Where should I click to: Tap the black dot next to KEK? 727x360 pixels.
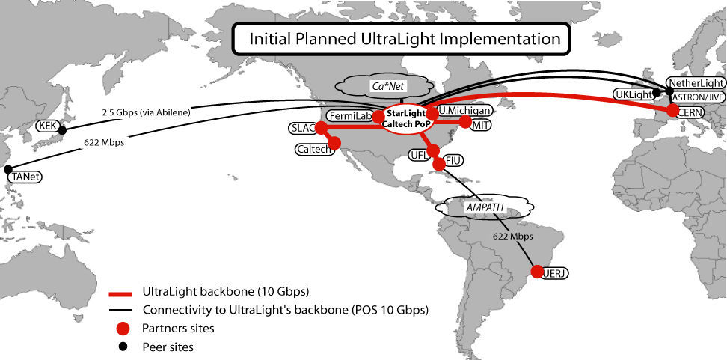coord(62,130)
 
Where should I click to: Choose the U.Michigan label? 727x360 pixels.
coord(465,111)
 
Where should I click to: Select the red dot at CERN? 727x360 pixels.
coord(672,110)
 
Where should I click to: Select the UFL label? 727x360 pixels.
coord(417,155)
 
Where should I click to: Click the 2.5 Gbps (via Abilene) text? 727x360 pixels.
coord(145,112)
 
